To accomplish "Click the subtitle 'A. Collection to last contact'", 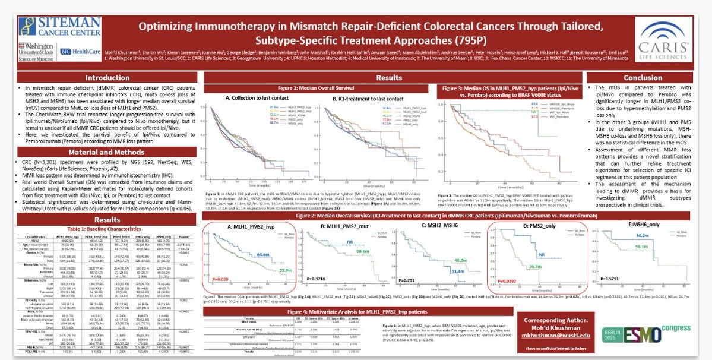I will click(x=257, y=98).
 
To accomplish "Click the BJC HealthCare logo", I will click(x=75, y=52).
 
